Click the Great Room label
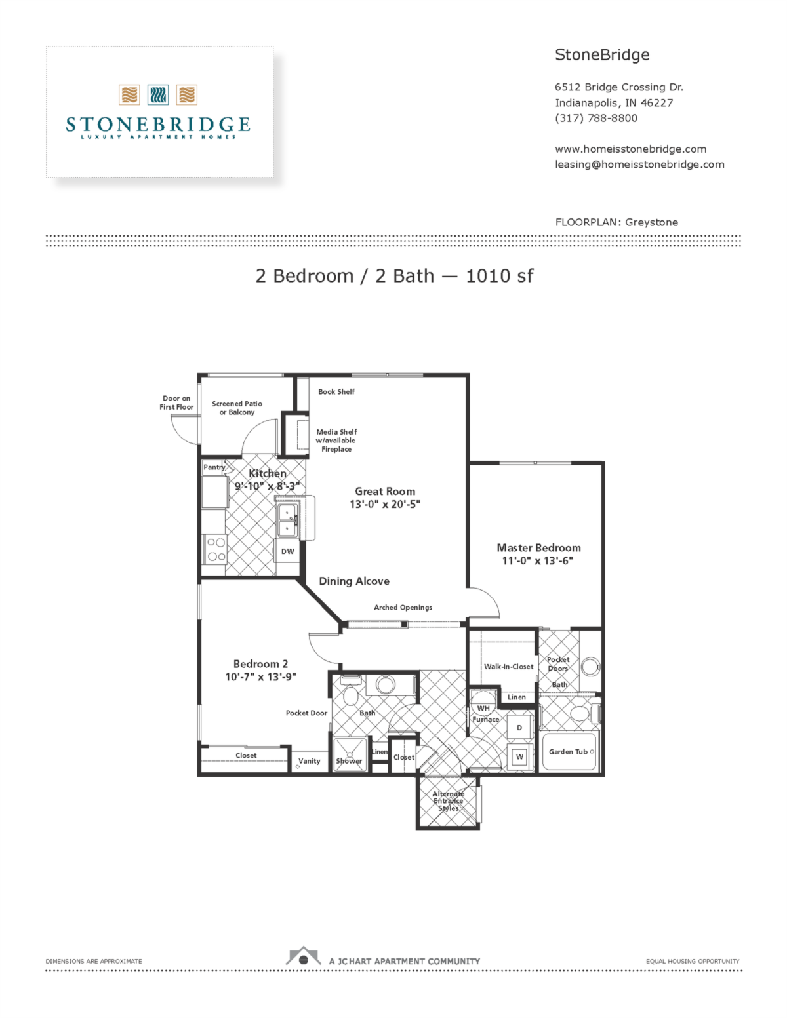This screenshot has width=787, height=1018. pyautogui.click(x=385, y=491)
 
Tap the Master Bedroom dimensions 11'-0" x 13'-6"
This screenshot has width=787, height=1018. pyautogui.click(x=537, y=561)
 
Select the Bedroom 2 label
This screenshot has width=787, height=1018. pyautogui.click(x=260, y=664)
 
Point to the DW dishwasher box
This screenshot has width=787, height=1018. pyautogui.click(x=288, y=551)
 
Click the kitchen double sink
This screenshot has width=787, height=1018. pyautogui.click(x=287, y=520)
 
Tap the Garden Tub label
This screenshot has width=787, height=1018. pyautogui.click(x=568, y=752)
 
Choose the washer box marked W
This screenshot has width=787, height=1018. pyautogui.click(x=519, y=756)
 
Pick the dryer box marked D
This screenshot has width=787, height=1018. pyautogui.click(x=519, y=728)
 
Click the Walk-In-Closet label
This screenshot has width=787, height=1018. pyautogui.click(x=508, y=667)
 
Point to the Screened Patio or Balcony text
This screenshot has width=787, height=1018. pyautogui.click(x=237, y=408)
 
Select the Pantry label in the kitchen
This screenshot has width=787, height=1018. pyautogui.click(x=214, y=467)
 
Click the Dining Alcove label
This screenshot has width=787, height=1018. pyautogui.click(x=354, y=581)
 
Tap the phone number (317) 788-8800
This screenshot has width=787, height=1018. pyautogui.click(x=595, y=118)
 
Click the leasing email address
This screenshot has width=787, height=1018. pyautogui.click(x=639, y=165)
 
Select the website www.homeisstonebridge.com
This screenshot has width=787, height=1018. pyautogui.click(x=630, y=149)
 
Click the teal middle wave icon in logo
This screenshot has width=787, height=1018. pyautogui.click(x=158, y=95)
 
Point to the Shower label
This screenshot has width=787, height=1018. pyautogui.click(x=349, y=761)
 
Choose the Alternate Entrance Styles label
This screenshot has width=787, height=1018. pyautogui.click(x=448, y=801)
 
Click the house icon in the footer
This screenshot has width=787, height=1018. pyautogui.click(x=303, y=957)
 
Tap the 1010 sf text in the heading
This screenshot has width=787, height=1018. pyautogui.click(x=499, y=276)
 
